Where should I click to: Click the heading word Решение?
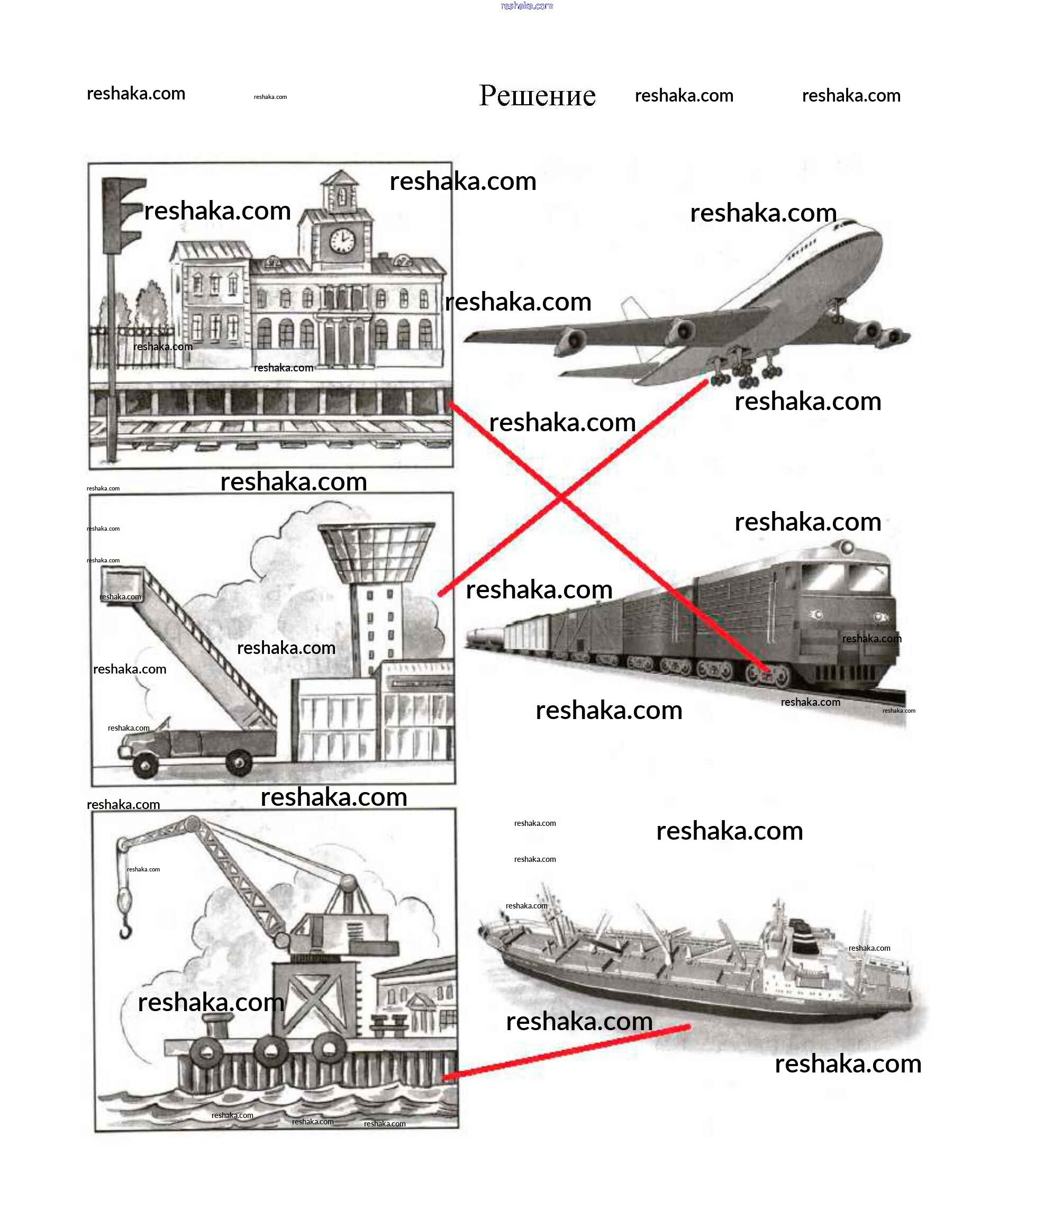pyautogui.click(x=537, y=96)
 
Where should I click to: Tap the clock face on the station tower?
pyautogui.click(x=341, y=240)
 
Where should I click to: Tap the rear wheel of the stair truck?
pyautogui.click(x=238, y=763)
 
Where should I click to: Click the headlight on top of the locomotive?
pyautogui.click(x=846, y=548)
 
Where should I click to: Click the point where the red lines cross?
pyautogui.click(x=560, y=497)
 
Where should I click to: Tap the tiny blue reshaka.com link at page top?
pyautogui.click(x=526, y=6)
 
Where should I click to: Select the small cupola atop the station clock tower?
pyautogui.click(x=341, y=192)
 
